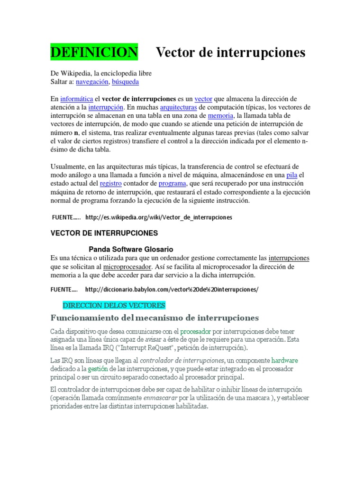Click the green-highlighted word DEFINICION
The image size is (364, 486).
click(94, 52)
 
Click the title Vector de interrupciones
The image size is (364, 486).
click(230, 52)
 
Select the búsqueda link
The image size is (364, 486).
click(125, 82)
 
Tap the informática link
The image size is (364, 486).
click(76, 99)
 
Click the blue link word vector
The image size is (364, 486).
click(204, 99)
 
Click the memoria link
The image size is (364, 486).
click(220, 115)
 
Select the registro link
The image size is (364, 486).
click(110, 183)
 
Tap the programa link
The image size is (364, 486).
click(172, 183)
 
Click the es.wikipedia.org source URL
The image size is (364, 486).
click(159, 217)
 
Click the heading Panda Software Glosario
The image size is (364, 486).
click(131, 249)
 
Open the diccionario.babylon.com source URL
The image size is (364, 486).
click(172, 289)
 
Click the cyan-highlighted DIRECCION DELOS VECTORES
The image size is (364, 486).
click(114, 305)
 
